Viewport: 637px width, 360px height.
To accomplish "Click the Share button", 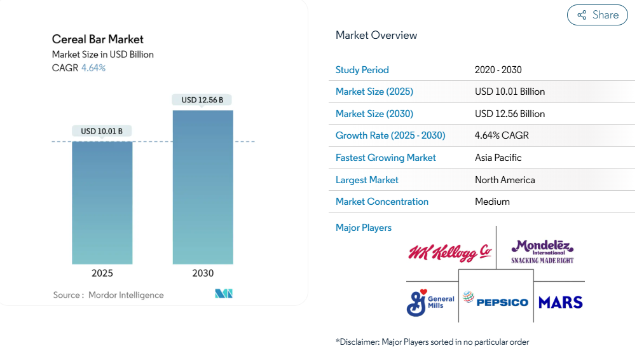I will pyautogui.click(x=597, y=15).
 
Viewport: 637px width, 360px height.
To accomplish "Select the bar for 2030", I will pyautogui.click(x=203, y=187).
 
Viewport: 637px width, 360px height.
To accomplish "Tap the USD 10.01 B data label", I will pyautogui.click(x=102, y=131).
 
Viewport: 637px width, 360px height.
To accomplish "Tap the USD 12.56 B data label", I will pyautogui.click(x=202, y=100).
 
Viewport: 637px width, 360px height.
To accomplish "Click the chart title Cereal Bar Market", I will pyautogui.click(x=98, y=39).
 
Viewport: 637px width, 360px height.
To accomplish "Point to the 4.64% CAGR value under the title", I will pyautogui.click(x=93, y=67).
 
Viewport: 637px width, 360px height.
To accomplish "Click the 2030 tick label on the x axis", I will pyautogui.click(x=203, y=273).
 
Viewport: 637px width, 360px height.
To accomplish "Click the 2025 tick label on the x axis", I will pyautogui.click(x=102, y=273).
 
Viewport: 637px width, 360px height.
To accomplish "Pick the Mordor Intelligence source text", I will pyautogui.click(x=126, y=295).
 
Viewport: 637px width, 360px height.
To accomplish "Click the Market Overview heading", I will pyautogui.click(x=376, y=35).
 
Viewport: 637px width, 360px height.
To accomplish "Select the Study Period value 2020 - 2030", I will pyautogui.click(x=498, y=70).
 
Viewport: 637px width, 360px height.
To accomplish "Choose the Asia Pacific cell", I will pyautogui.click(x=498, y=158).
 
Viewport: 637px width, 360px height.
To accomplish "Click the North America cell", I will pyautogui.click(x=505, y=180).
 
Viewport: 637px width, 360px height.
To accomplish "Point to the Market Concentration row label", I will pyautogui.click(x=382, y=202).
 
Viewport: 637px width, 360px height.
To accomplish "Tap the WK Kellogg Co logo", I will pyautogui.click(x=450, y=252).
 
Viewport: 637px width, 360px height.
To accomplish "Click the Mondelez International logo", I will pyautogui.click(x=542, y=251).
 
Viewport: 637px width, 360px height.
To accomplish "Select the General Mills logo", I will pyautogui.click(x=430, y=302).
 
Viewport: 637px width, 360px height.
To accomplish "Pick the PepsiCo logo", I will pyautogui.click(x=496, y=300).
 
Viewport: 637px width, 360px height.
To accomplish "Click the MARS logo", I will pyautogui.click(x=560, y=302).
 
